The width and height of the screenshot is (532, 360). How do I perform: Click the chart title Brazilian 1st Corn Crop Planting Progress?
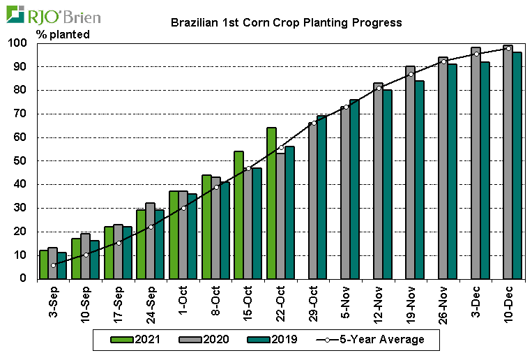[287, 22]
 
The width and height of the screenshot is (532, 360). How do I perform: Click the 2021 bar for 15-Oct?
[238, 215]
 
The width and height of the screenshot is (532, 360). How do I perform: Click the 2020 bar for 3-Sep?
[52, 263]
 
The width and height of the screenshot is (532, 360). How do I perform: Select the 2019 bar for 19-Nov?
[420, 179]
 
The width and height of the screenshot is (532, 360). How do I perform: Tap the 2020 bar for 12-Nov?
[378, 181]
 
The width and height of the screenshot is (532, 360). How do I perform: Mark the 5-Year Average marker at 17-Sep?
[119, 243]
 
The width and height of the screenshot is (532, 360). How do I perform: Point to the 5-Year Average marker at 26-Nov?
[443, 61]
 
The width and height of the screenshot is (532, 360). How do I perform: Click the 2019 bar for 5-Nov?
[354, 189]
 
